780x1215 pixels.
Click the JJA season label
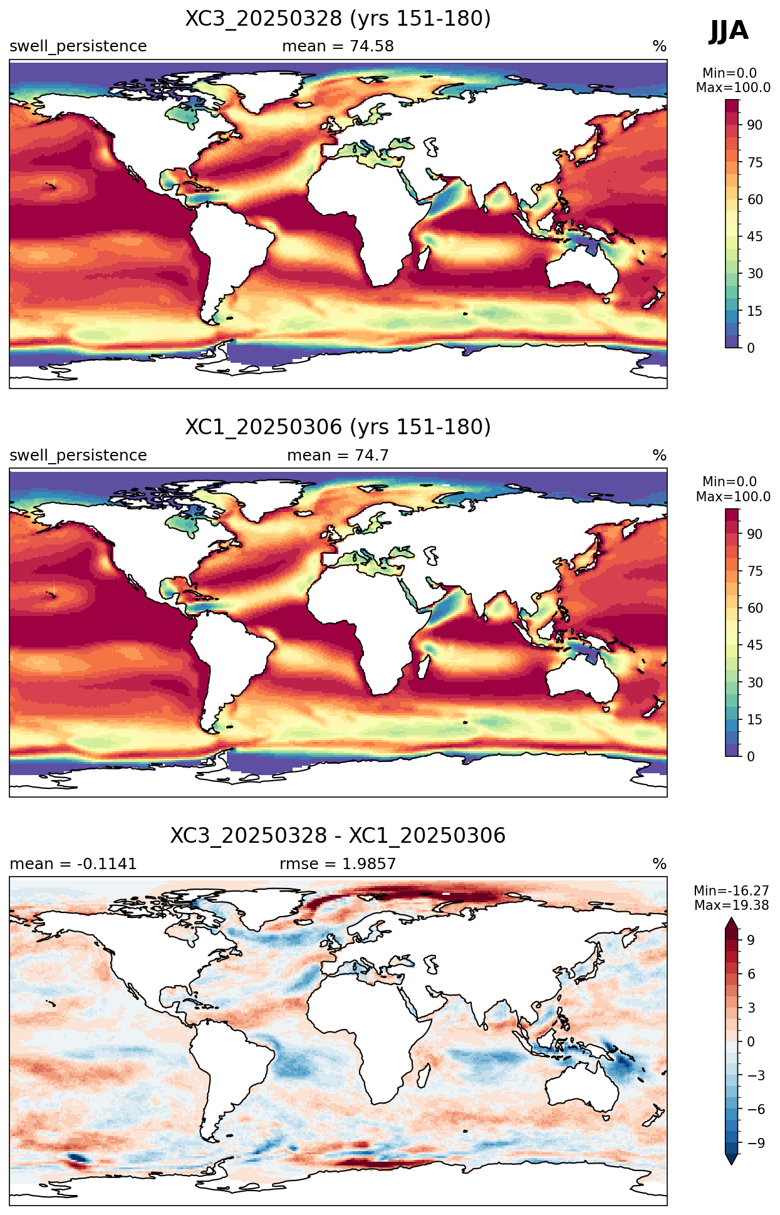point(729,31)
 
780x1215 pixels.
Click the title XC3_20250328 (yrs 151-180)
point(338,19)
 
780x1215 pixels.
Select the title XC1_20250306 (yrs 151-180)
point(338,427)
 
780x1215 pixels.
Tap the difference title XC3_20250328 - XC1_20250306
point(338,836)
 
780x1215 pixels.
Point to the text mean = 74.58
point(338,46)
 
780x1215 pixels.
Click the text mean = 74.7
point(338,456)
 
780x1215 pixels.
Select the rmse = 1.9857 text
point(338,864)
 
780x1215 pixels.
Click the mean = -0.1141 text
point(73,864)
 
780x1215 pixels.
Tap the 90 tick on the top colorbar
point(755,125)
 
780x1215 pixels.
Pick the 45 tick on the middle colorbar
point(755,645)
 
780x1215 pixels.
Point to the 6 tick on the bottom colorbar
point(751,974)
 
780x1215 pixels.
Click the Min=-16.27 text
point(731,891)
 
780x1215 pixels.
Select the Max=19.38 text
point(731,905)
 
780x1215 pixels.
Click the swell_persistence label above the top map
point(78,46)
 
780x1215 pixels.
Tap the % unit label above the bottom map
point(660,864)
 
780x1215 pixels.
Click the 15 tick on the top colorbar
point(755,311)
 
